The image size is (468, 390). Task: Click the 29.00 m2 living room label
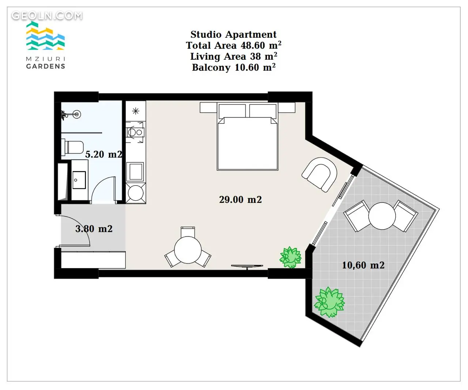click(240, 200)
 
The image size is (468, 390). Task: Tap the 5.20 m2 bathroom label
click(104, 154)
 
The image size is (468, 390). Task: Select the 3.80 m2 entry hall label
click(94, 229)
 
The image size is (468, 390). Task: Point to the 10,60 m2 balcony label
click(363, 265)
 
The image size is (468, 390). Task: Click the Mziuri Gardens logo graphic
click(45, 36)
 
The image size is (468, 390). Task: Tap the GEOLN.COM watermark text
click(47, 16)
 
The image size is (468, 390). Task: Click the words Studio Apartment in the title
click(233, 34)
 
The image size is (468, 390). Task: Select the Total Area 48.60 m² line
click(233, 45)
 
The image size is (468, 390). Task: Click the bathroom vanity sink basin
click(79, 180)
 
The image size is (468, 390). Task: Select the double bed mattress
click(248, 144)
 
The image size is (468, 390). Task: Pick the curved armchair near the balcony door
click(320, 174)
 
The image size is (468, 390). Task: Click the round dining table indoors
click(188, 250)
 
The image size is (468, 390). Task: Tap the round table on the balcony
click(382, 216)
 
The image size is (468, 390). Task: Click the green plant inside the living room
click(290, 257)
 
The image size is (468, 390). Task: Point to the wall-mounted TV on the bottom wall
click(247, 266)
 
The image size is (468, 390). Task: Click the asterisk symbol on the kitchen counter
click(136, 111)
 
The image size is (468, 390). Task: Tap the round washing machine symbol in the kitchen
click(136, 193)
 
